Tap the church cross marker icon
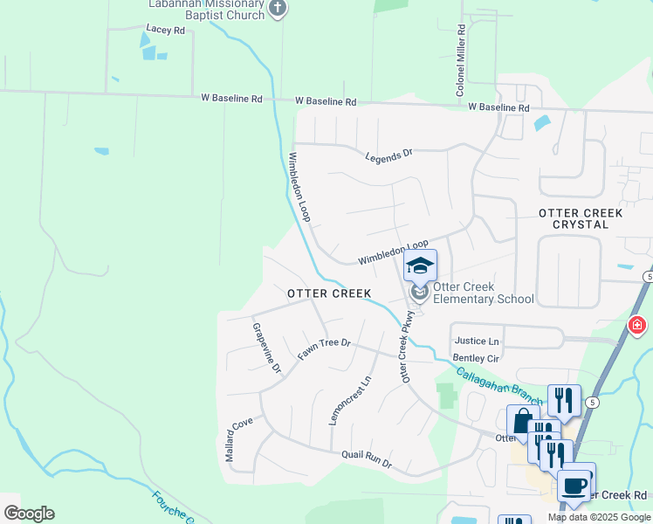[278, 9]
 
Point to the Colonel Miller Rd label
[460, 60]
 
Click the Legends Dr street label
[388, 155]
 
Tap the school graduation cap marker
[420, 265]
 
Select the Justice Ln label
[476, 341]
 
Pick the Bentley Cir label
[476, 358]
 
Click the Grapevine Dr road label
[265, 348]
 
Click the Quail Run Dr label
[367, 459]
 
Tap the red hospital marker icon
[638, 326]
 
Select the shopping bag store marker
[523, 422]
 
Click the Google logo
[29, 514]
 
